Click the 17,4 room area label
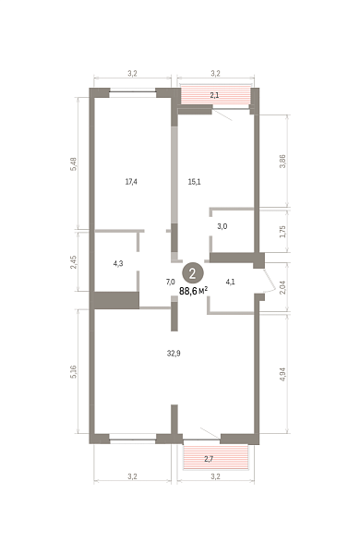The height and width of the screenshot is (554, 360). click(131, 182)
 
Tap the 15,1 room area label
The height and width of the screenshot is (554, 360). click(195, 182)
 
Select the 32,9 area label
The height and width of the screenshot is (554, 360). click(174, 353)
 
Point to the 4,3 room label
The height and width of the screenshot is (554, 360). click(118, 263)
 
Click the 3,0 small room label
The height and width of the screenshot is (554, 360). click(222, 226)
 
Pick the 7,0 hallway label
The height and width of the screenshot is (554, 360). click(170, 282)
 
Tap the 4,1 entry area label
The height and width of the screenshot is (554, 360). click(231, 282)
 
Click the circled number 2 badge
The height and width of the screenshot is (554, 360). click(193, 273)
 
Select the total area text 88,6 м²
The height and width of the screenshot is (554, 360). click(193, 291)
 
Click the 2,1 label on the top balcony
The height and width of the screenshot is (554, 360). click(214, 95)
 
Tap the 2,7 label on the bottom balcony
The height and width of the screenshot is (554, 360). click(210, 459)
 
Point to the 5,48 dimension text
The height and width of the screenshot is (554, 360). click(74, 164)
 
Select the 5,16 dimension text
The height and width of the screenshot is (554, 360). click(74, 372)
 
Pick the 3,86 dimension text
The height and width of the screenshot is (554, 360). click(282, 161)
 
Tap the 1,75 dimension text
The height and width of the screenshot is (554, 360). click(282, 232)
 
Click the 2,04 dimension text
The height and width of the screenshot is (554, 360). click(282, 287)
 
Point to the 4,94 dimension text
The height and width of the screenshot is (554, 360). click(282, 375)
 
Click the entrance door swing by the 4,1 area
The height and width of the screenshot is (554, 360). click(270, 281)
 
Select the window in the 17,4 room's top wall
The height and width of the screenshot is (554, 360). click(133, 91)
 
